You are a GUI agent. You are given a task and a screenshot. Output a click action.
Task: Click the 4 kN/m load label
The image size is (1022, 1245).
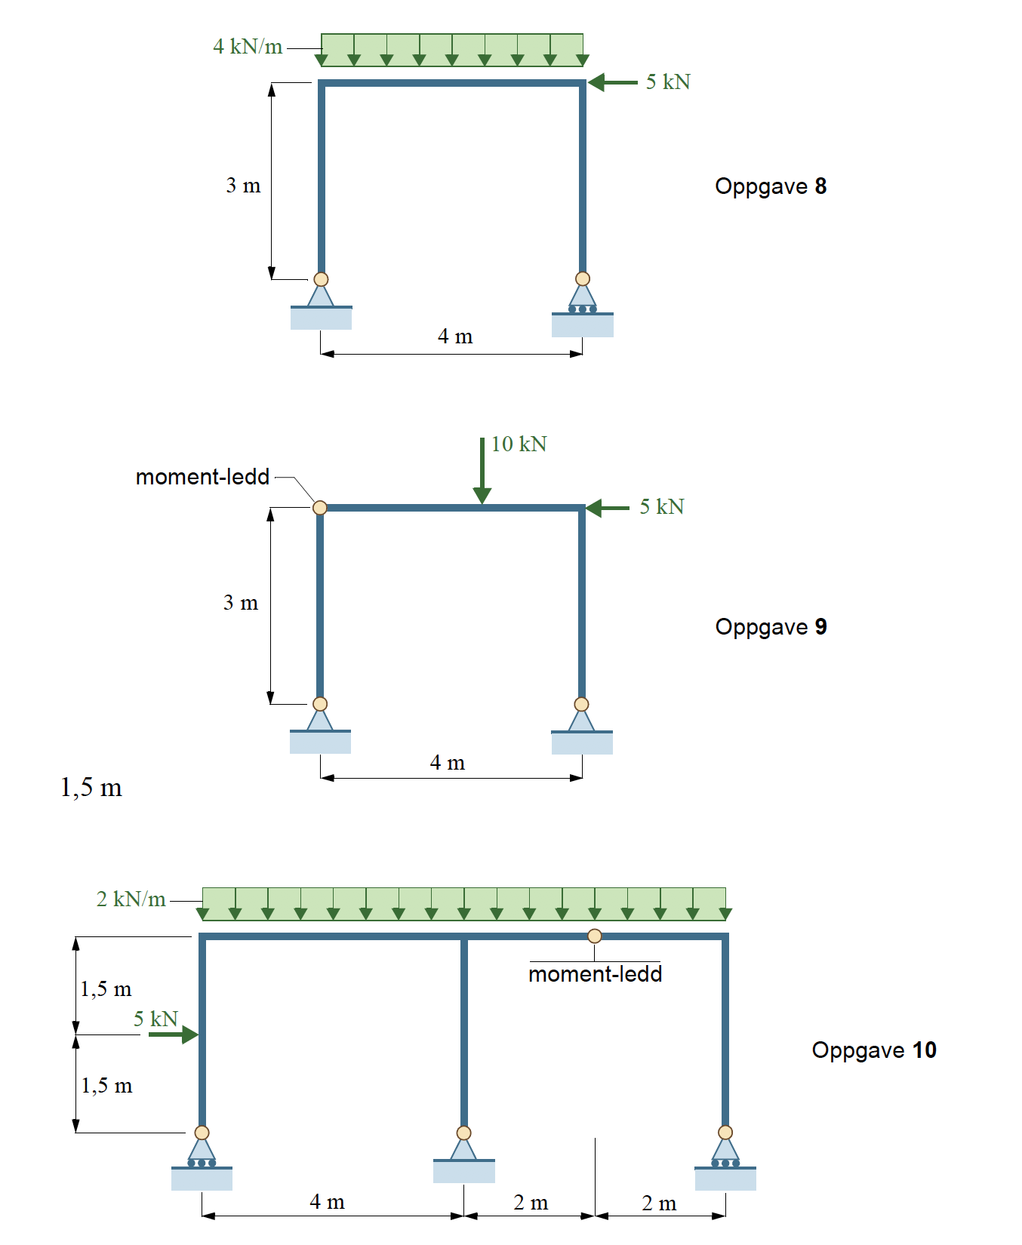tap(248, 47)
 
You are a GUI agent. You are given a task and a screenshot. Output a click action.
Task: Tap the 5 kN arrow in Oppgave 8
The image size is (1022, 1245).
tap(612, 82)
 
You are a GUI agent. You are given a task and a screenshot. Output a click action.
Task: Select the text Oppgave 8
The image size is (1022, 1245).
tap(771, 186)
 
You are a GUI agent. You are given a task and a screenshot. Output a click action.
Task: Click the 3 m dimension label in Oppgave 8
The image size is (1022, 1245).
tap(243, 186)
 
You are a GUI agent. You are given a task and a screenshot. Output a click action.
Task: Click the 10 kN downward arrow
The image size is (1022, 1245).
tap(482, 471)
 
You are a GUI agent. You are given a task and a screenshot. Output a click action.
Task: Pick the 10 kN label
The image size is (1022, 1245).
tap(519, 444)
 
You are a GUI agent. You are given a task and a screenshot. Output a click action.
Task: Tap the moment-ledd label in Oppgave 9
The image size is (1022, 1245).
tap(202, 477)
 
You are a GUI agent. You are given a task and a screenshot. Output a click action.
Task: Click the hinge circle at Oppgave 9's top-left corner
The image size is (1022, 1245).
tap(320, 508)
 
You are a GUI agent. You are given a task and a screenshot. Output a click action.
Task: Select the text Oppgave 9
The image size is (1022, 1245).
tap(771, 627)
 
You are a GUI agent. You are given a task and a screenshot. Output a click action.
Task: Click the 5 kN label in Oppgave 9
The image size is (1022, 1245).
tap(662, 507)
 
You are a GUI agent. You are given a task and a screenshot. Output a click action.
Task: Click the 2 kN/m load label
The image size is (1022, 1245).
tap(131, 899)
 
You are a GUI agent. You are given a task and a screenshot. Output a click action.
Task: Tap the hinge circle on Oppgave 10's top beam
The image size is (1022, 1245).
tap(595, 936)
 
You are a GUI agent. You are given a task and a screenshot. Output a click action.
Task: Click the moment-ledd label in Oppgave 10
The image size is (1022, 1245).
tap(596, 974)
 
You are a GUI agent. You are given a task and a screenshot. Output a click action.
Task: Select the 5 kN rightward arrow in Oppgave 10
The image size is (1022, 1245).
tap(174, 1034)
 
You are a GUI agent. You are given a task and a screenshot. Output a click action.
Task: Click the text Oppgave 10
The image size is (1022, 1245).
tap(874, 1050)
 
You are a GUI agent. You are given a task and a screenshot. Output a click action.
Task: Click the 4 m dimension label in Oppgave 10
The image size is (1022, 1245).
tap(328, 1202)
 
